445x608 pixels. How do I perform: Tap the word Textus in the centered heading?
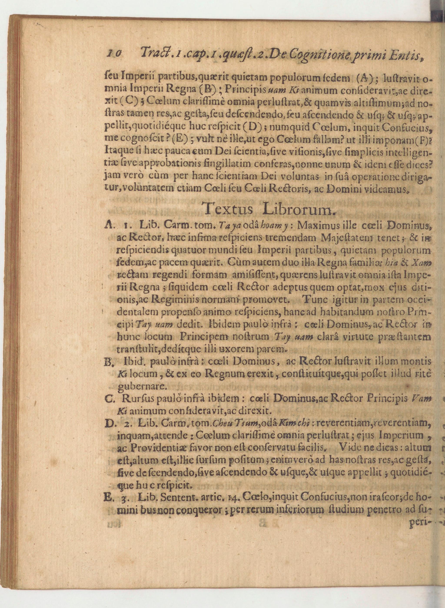[x=229, y=209]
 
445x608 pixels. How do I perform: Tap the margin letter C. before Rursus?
[x=109, y=400]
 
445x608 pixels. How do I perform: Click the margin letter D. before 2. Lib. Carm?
[x=109, y=424]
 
